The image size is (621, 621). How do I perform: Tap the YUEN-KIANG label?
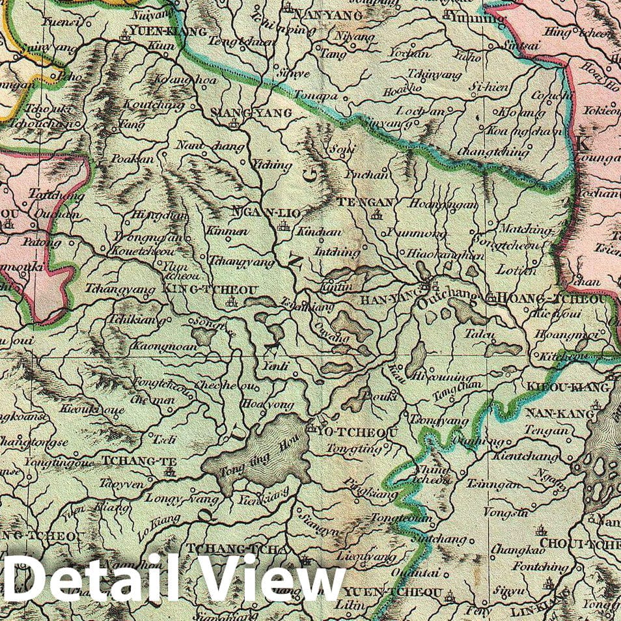pyautogui.click(x=168, y=31)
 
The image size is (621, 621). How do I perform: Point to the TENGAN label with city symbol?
pyautogui.click(x=365, y=202)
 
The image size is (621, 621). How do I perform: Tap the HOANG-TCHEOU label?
pyautogui.click(x=551, y=299)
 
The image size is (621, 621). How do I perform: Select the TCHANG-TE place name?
pyautogui.click(x=131, y=461)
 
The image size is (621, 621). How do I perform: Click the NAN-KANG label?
pyautogui.click(x=560, y=413)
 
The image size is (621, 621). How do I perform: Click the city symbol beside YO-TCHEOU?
pyautogui.click(x=311, y=430)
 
